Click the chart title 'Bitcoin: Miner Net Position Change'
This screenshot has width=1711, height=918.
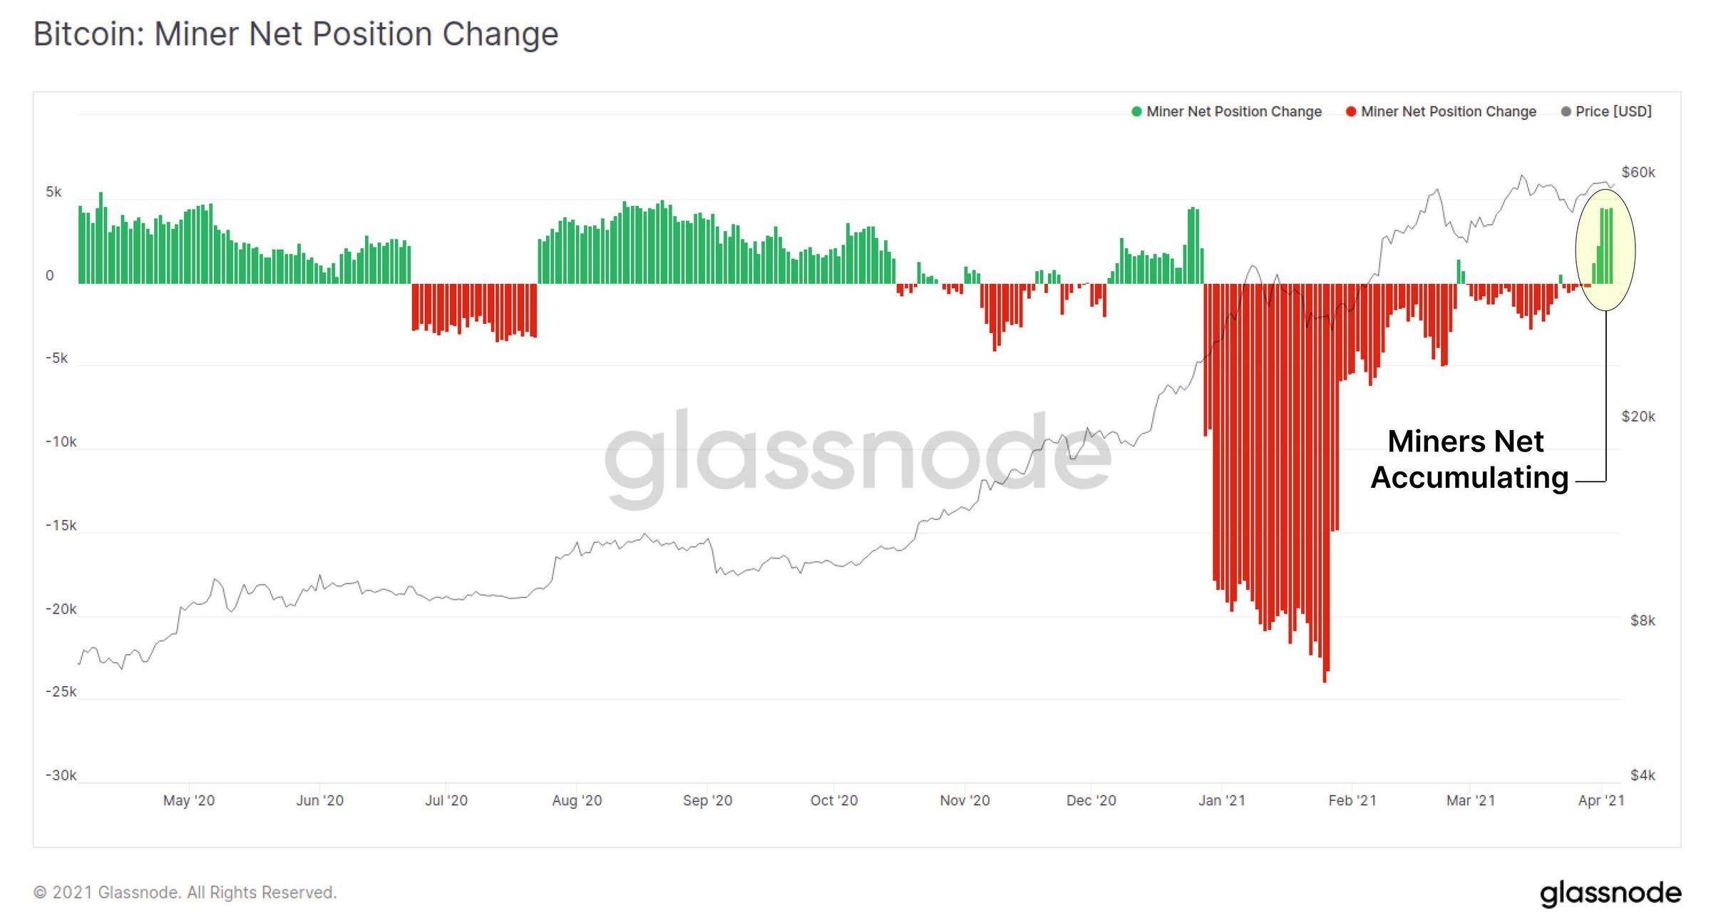pos(295,34)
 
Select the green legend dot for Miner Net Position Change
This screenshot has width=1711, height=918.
pos(1136,112)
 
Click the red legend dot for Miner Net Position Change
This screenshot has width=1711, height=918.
pos(1350,112)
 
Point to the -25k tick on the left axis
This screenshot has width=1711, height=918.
pos(61,692)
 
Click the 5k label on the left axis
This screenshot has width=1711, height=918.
pos(53,193)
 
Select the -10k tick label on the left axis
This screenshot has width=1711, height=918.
pos(61,442)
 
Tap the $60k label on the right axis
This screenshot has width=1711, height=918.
pos(1638,173)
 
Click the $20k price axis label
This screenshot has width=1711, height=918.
pos(1638,417)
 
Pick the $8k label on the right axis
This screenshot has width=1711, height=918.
pos(1642,621)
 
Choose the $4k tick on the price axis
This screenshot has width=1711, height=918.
pos(1642,775)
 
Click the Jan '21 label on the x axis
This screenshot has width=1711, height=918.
pos(1221,801)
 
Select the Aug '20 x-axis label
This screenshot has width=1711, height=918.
pos(577,801)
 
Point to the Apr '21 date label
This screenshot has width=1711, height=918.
pos(1600,801)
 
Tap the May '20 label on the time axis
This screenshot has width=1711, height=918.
pos(188,801)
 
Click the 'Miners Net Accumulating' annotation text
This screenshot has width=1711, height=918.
pos(1469,460)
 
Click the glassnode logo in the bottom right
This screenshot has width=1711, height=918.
pos(1610,893)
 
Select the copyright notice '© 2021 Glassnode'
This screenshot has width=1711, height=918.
pos(185,893)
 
